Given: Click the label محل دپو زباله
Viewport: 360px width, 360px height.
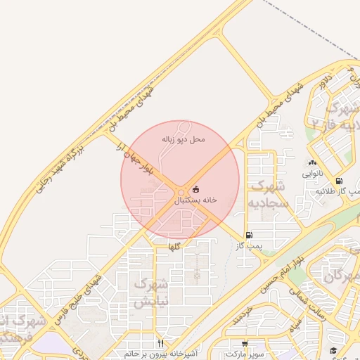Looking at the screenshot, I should tap(184, 139).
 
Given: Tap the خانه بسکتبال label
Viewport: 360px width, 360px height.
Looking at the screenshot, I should tap(196, 200).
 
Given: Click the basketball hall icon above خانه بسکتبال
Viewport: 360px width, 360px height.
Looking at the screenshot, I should tap(195, 189).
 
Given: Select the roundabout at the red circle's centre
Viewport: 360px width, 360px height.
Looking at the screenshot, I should tap(181, 191).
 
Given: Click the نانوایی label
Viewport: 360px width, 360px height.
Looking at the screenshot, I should tap(312, 172).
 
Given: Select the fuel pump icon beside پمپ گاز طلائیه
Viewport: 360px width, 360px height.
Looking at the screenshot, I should tap(340, 181).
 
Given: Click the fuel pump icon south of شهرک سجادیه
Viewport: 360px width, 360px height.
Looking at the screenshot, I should tap(248, 235).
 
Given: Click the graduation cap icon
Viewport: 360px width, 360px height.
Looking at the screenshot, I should tap(333, 350).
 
